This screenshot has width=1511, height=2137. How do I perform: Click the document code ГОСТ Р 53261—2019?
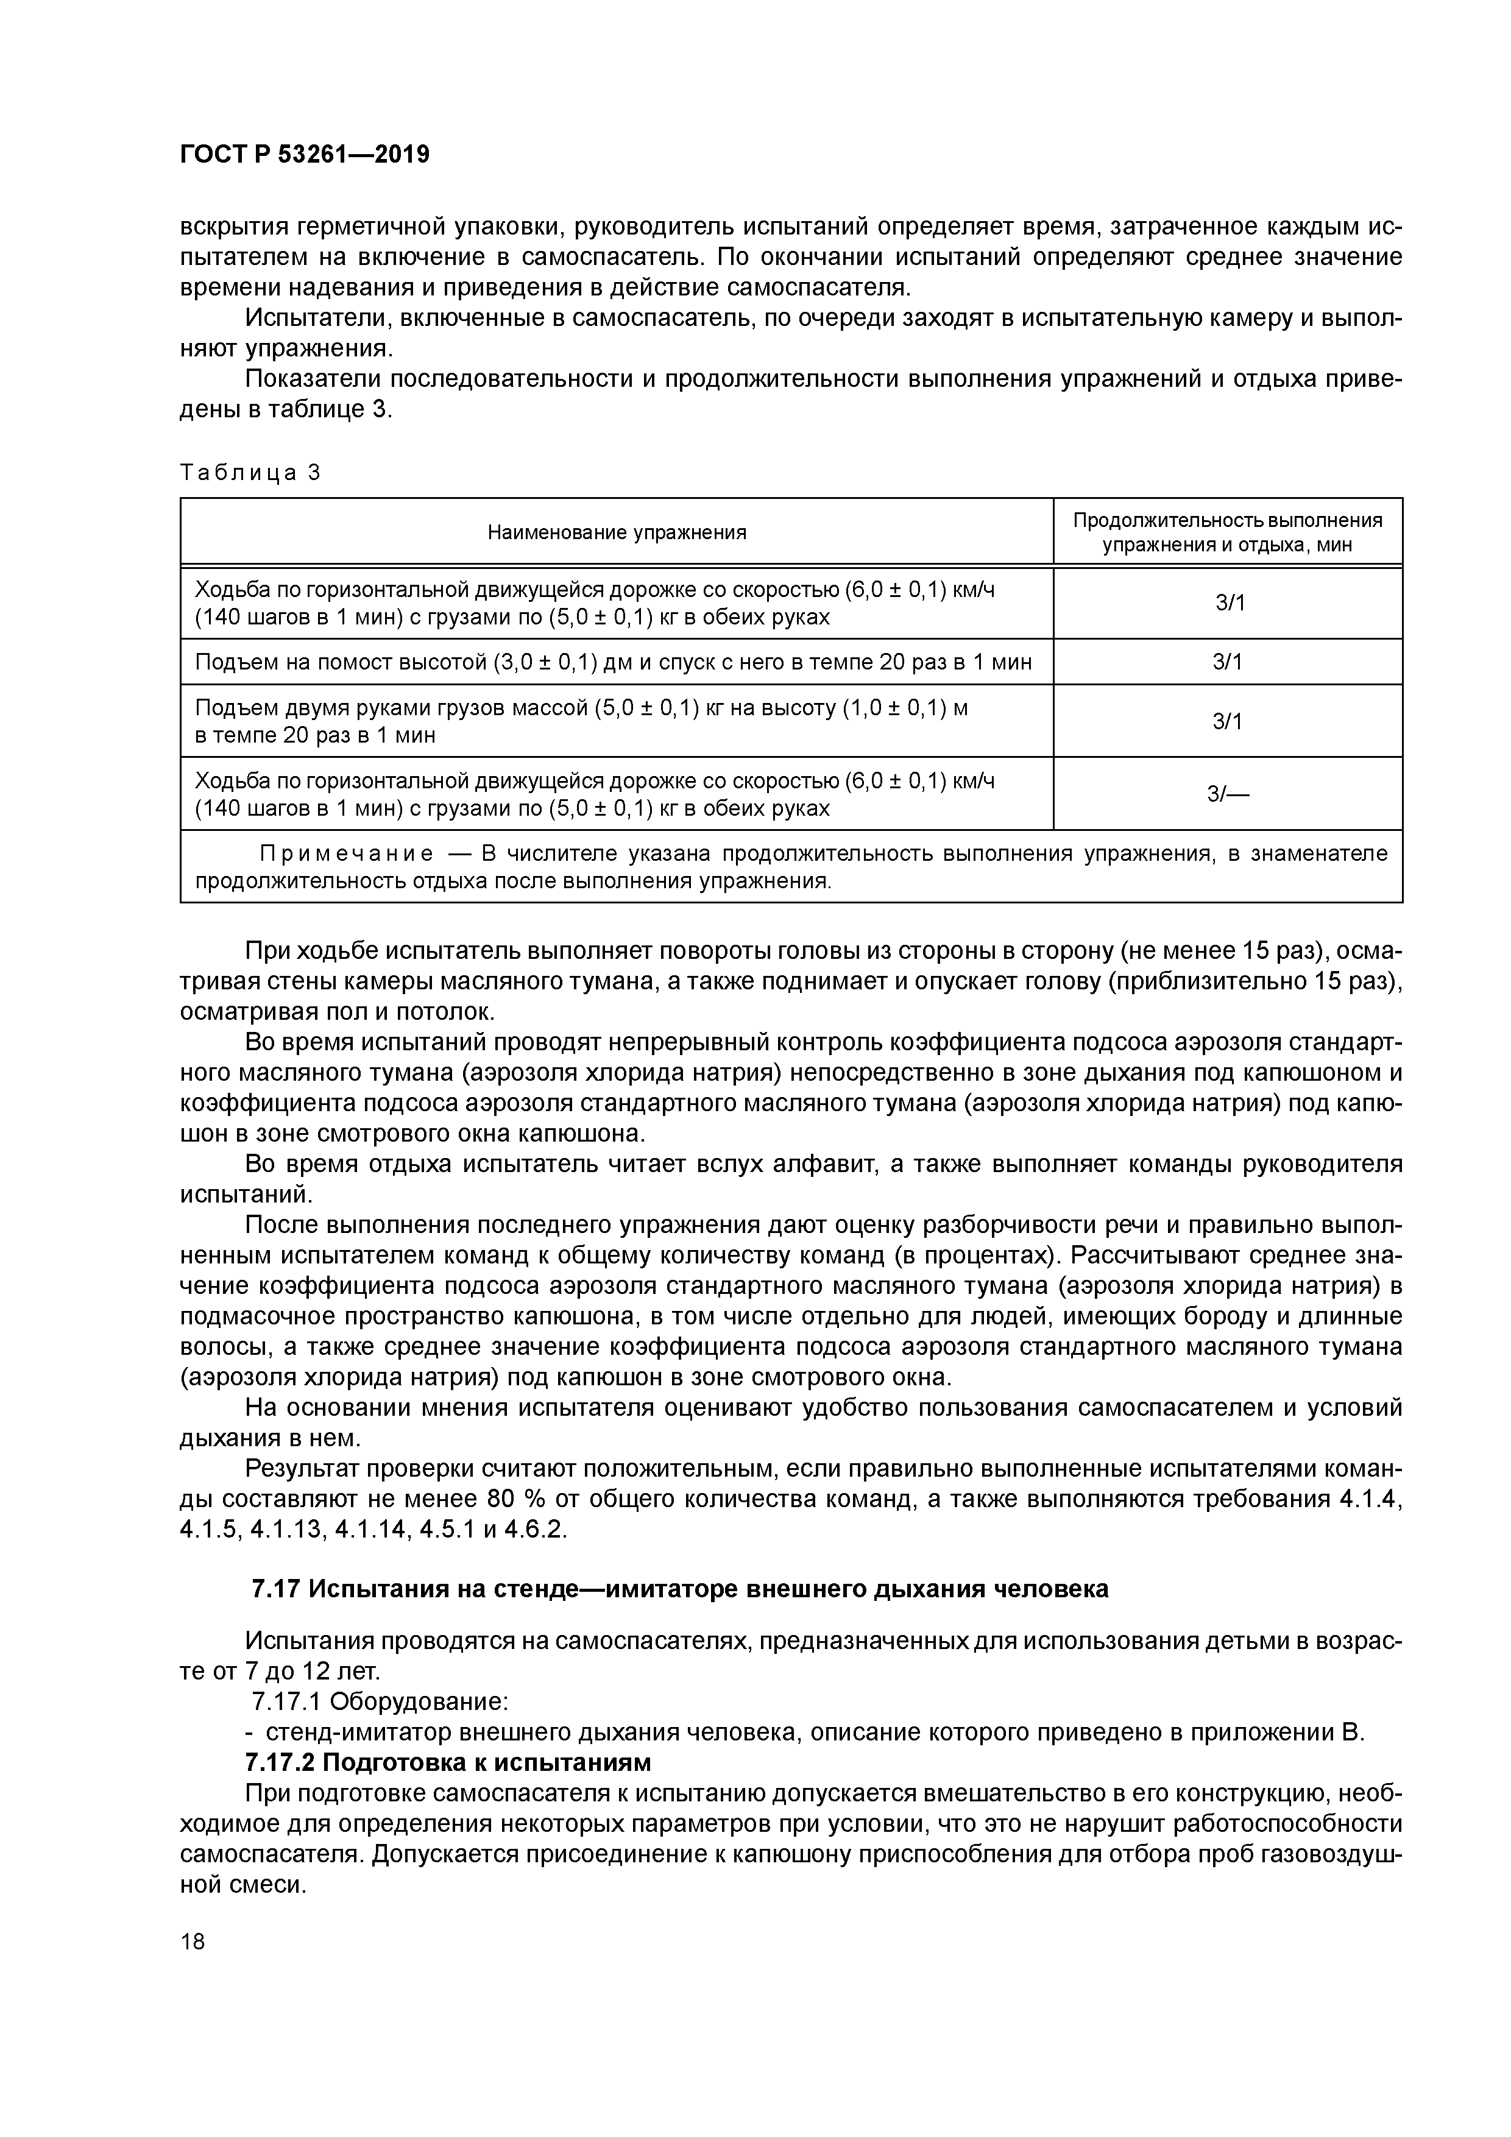305,155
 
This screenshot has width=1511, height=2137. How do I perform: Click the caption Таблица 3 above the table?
250,473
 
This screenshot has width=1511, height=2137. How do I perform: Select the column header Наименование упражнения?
617,532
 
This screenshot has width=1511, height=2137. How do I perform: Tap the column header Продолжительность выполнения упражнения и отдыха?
1227,532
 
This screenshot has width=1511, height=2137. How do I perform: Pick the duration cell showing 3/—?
1227,794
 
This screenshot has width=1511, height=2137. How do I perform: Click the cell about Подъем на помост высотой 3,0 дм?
614,662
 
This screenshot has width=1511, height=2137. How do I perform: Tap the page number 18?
193,1941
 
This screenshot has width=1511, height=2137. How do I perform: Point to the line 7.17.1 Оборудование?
380,1701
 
